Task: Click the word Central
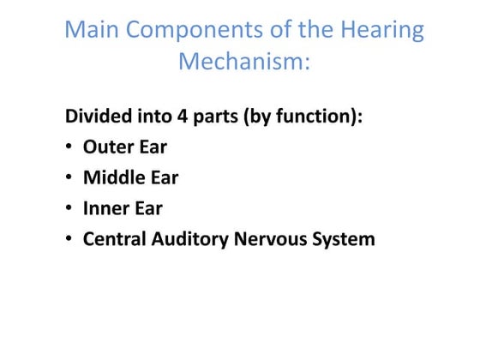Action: pos(117,239)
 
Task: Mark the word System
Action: pos(347,239)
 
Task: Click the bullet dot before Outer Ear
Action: pos(69,147)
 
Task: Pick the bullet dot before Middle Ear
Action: pos(69,178)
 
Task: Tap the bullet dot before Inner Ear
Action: pos(69,209)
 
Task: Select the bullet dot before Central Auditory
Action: pos(69,240)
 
